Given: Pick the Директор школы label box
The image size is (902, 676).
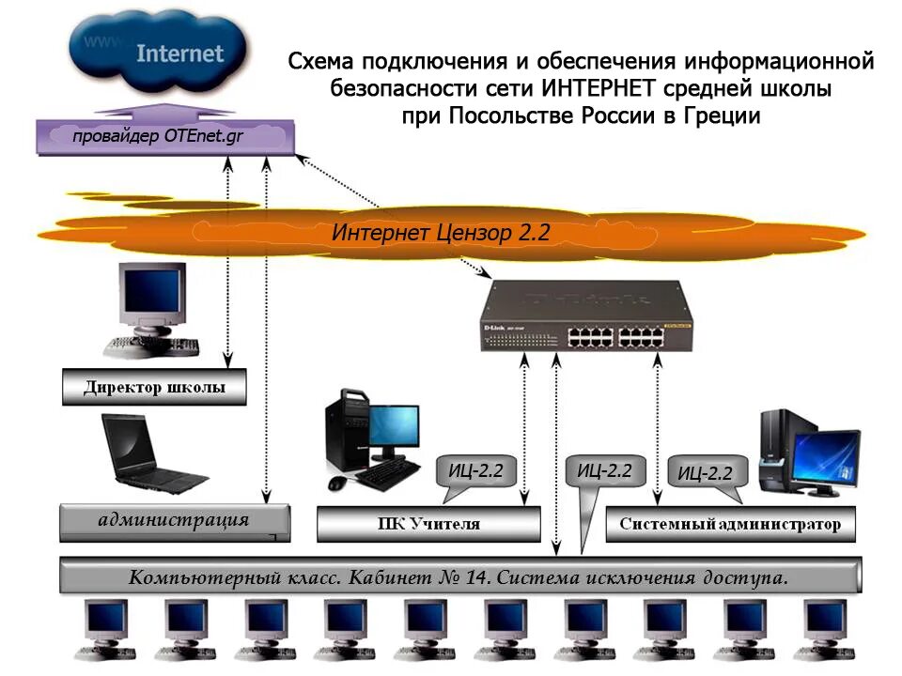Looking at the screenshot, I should (154, 387).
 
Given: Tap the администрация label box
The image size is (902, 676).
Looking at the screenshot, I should (174, 521).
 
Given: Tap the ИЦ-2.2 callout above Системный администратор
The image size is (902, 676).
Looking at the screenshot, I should (705, 472).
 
